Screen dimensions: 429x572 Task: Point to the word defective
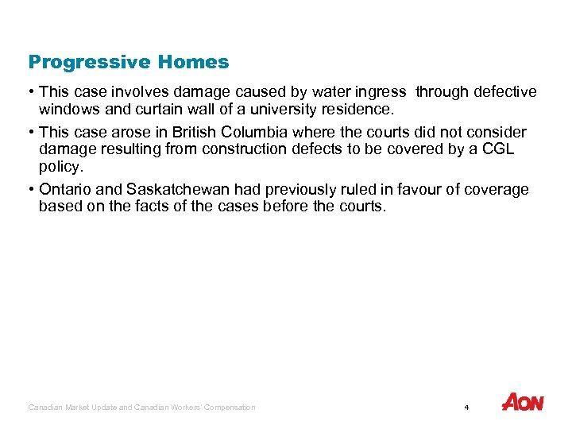coord(504,92)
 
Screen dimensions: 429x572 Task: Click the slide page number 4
coord(466,408)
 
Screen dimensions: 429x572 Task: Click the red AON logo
coord(523,403)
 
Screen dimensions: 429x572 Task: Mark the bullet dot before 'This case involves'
coord(32,92)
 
